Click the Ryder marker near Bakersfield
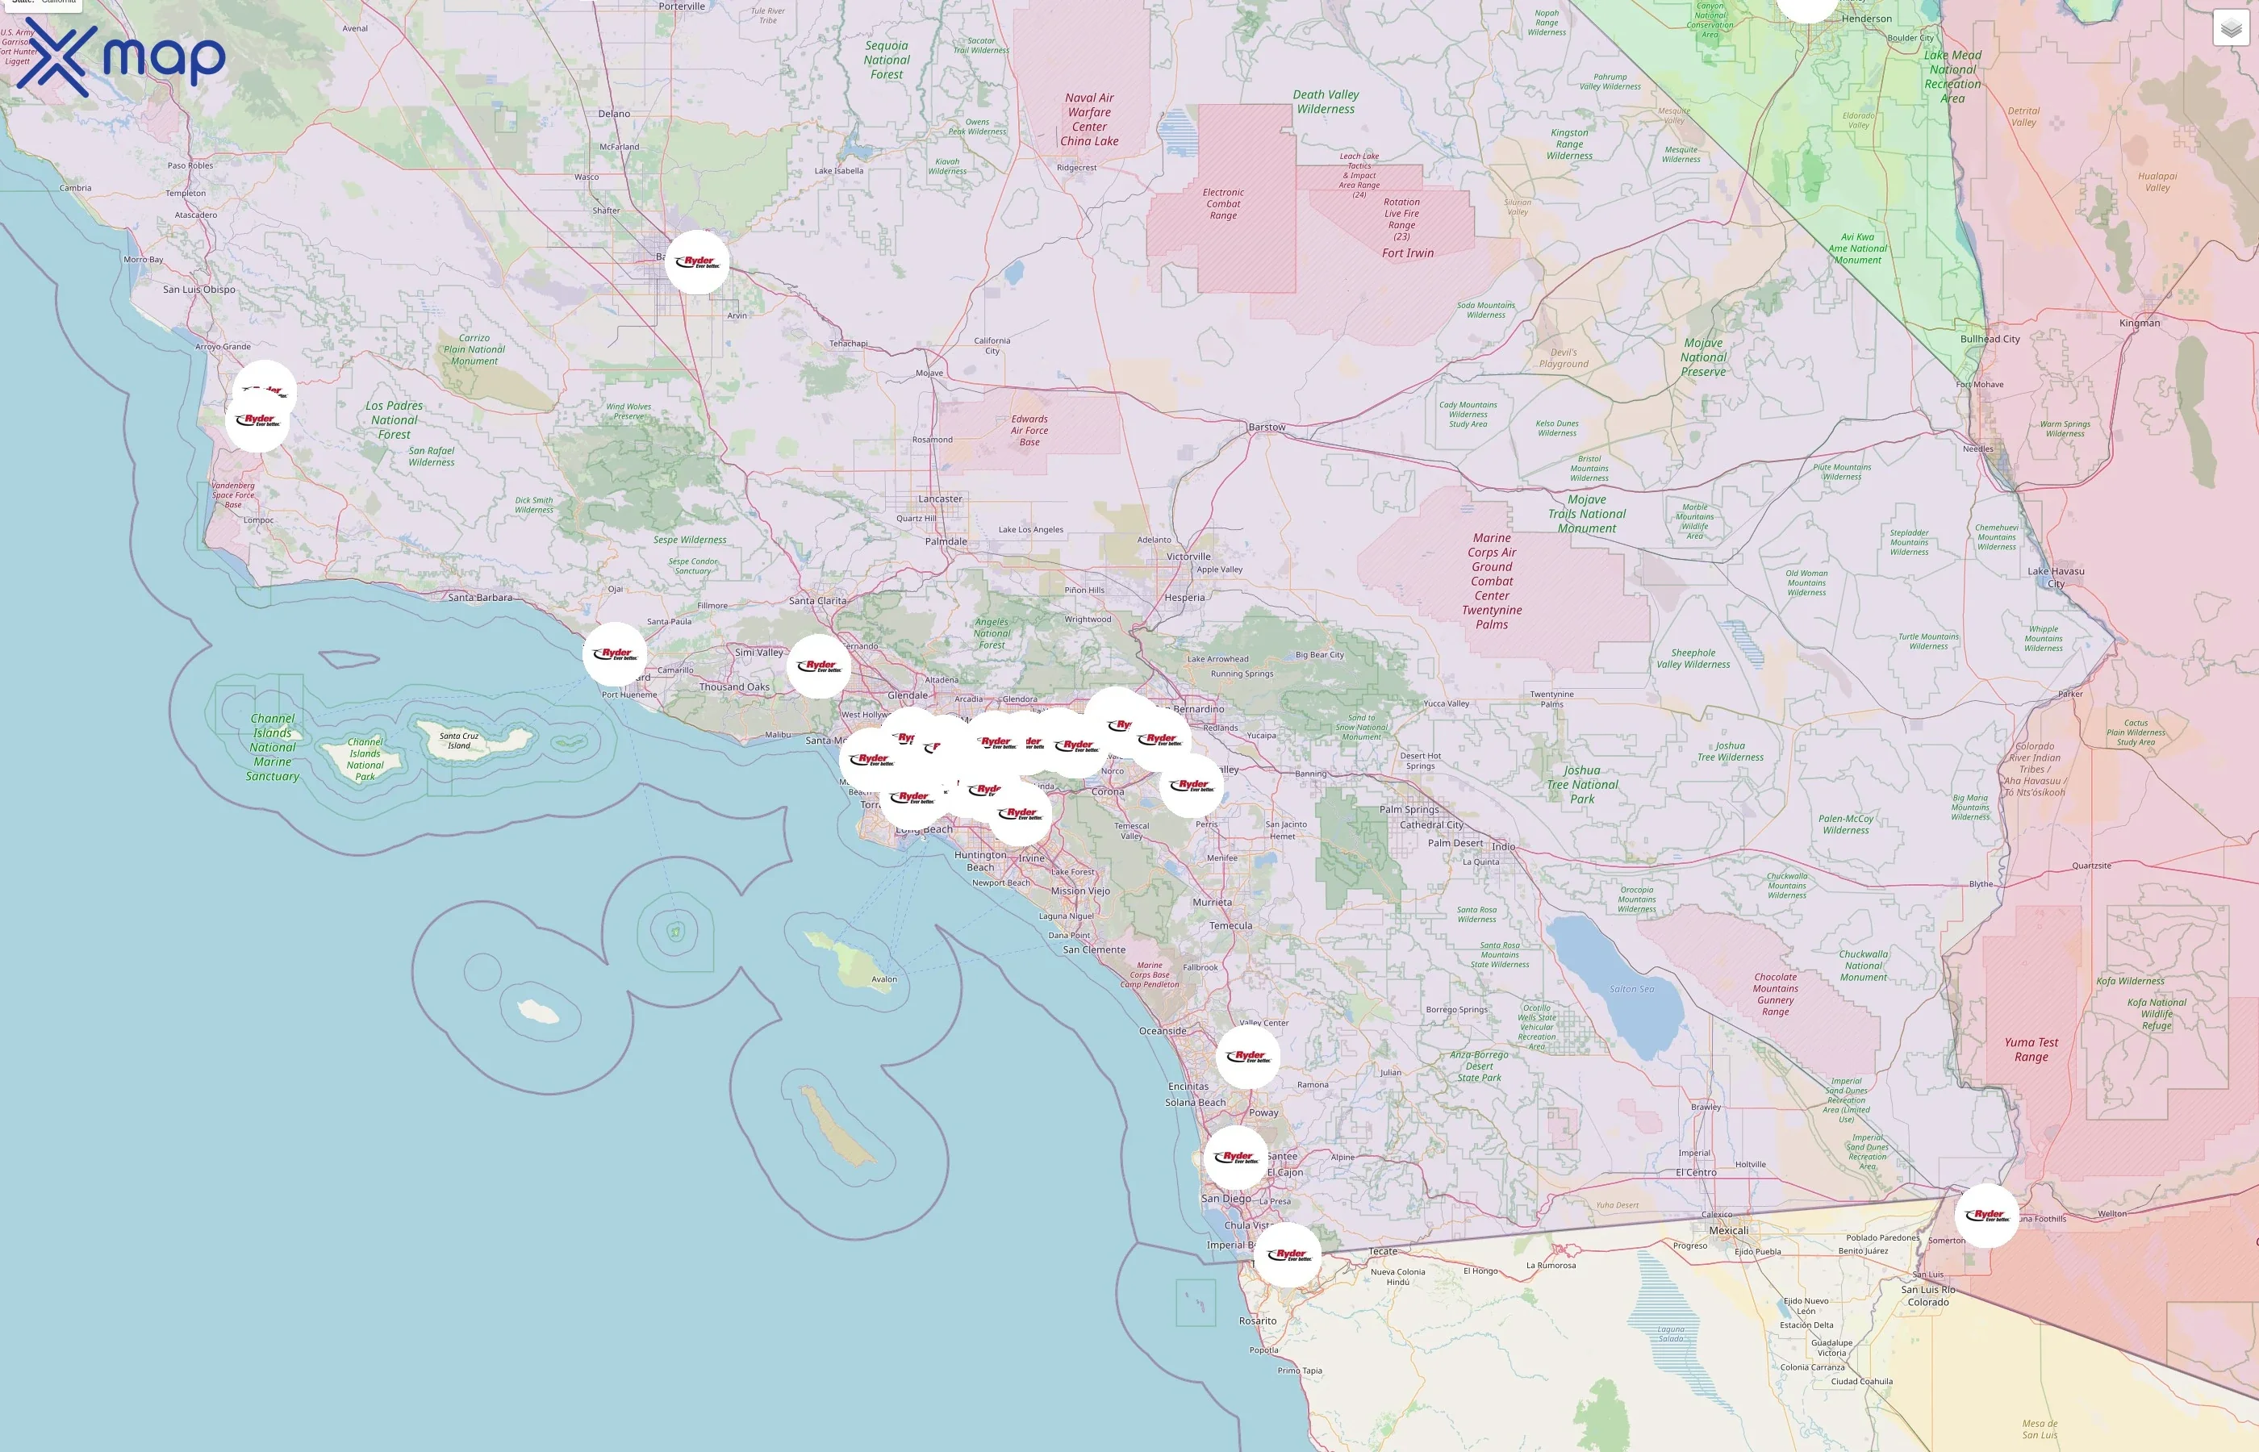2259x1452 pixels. [697, 262]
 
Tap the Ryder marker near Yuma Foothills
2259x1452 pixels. [1986, 1216]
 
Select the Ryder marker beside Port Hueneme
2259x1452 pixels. [615, 654]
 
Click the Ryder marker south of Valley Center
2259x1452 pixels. [1248, 1057]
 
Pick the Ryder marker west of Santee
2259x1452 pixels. [1236, 1158]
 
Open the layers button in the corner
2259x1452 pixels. [2231, 28]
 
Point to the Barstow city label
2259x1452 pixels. [1266, 427]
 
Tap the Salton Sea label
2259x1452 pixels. [1631, 989]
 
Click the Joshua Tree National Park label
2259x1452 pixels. [1582, 784]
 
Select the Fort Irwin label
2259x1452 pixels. [1408, 252]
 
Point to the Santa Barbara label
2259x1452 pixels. [480, 598]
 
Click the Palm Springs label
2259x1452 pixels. [1409, 809]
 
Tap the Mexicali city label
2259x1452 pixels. [1728, 1230]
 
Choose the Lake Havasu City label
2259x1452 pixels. [2056, 577]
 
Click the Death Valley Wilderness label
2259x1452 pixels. [1326, 102]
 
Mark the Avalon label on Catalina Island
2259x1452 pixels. [884, 978]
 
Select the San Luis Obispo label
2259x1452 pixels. [199, 290]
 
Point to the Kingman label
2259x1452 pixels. [2140, 323]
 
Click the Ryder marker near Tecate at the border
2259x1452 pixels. [1288, 1255]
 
